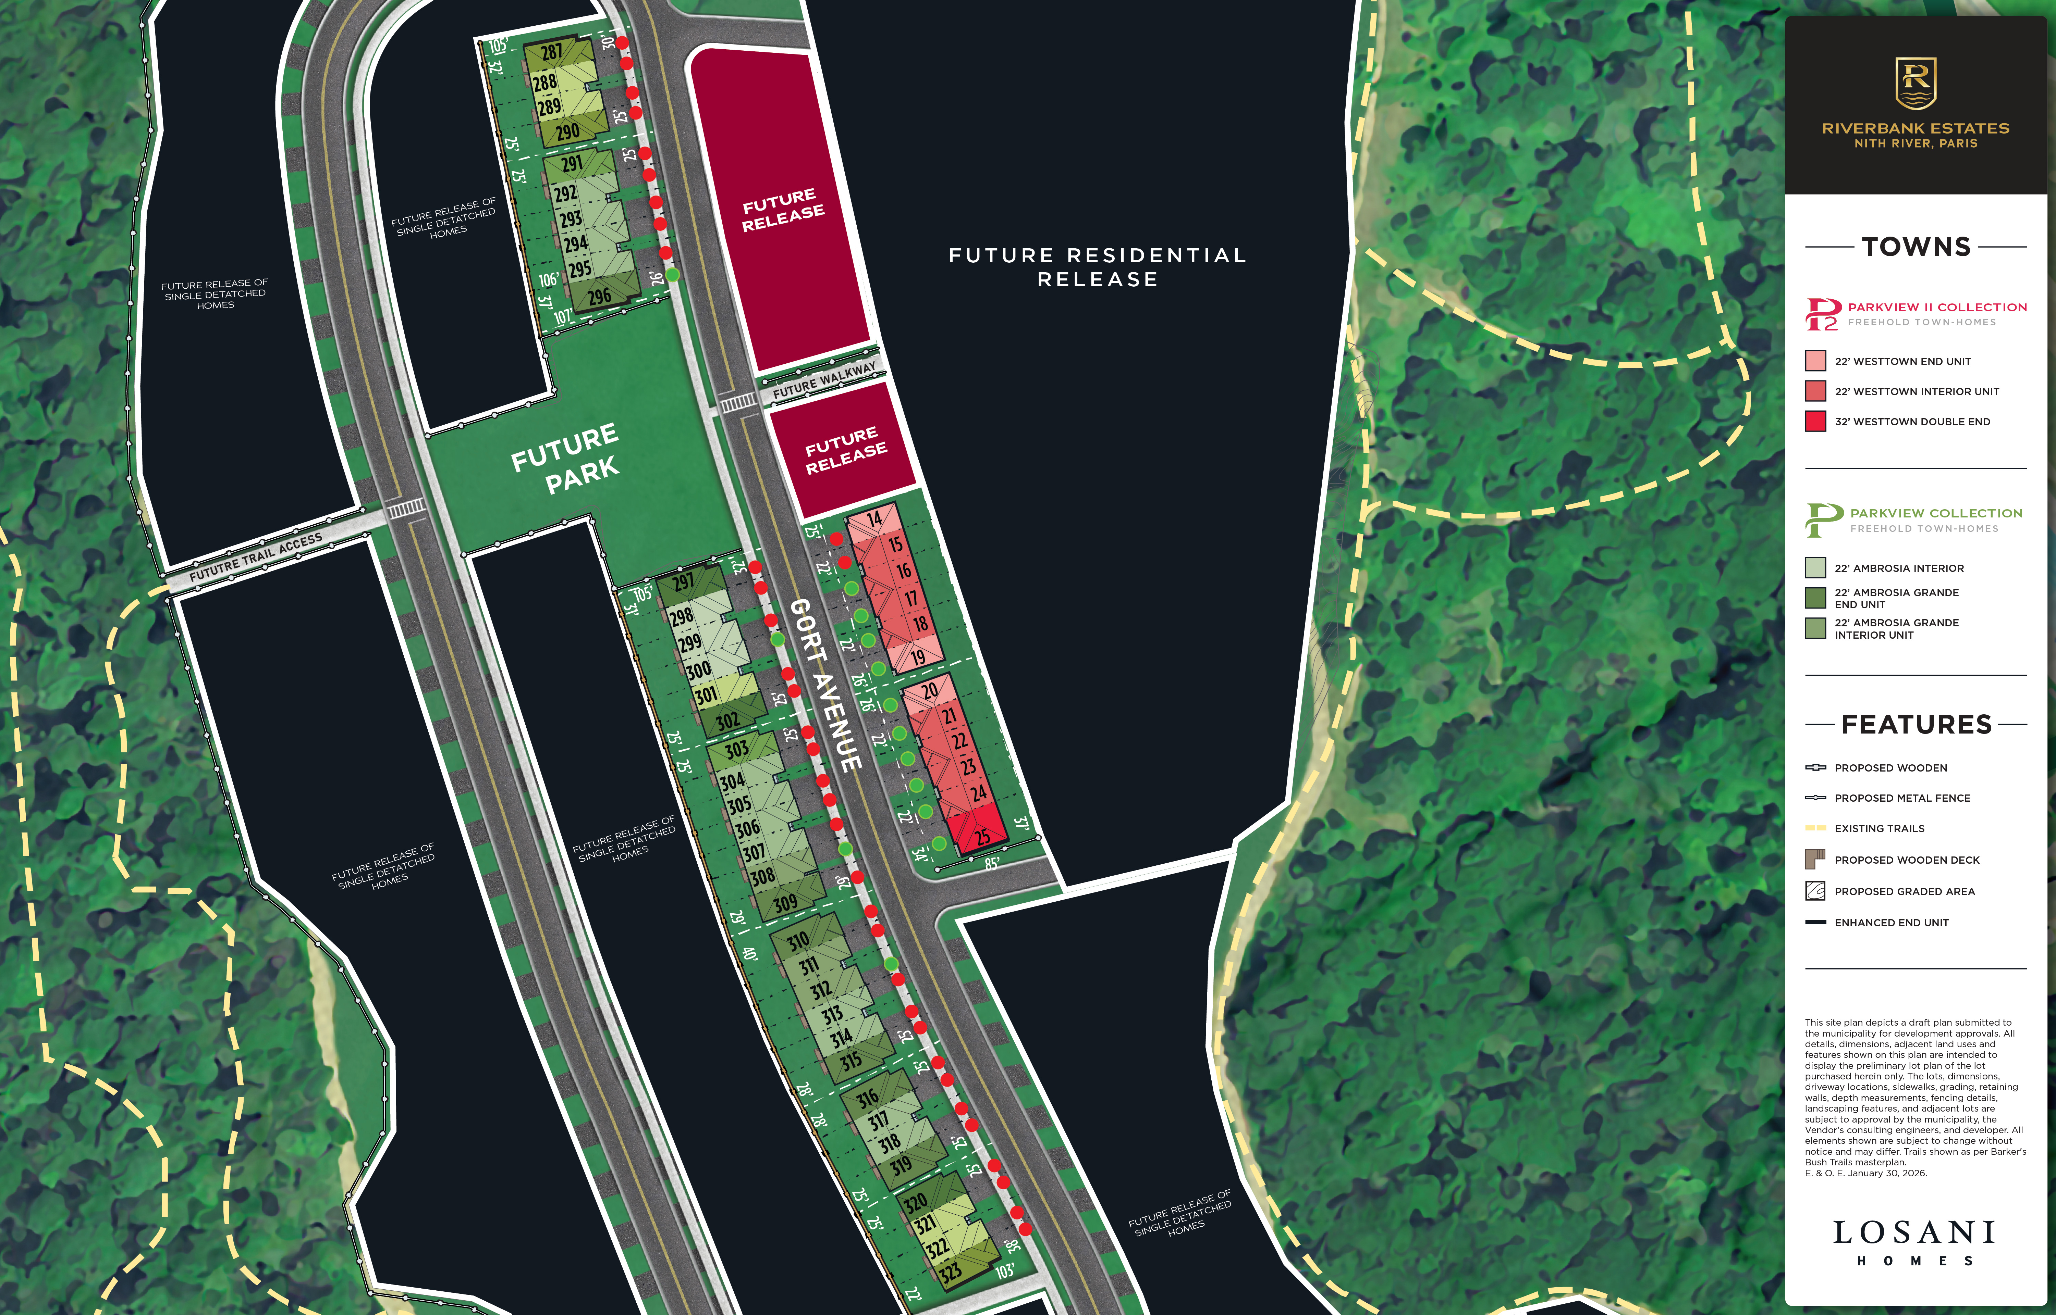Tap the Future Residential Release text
[x=1098, y=267]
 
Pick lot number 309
[x=785, y=902]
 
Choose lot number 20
[x=929, y=689]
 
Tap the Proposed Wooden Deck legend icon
[x=1815, y=859]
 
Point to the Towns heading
[x=1916, y=247]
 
